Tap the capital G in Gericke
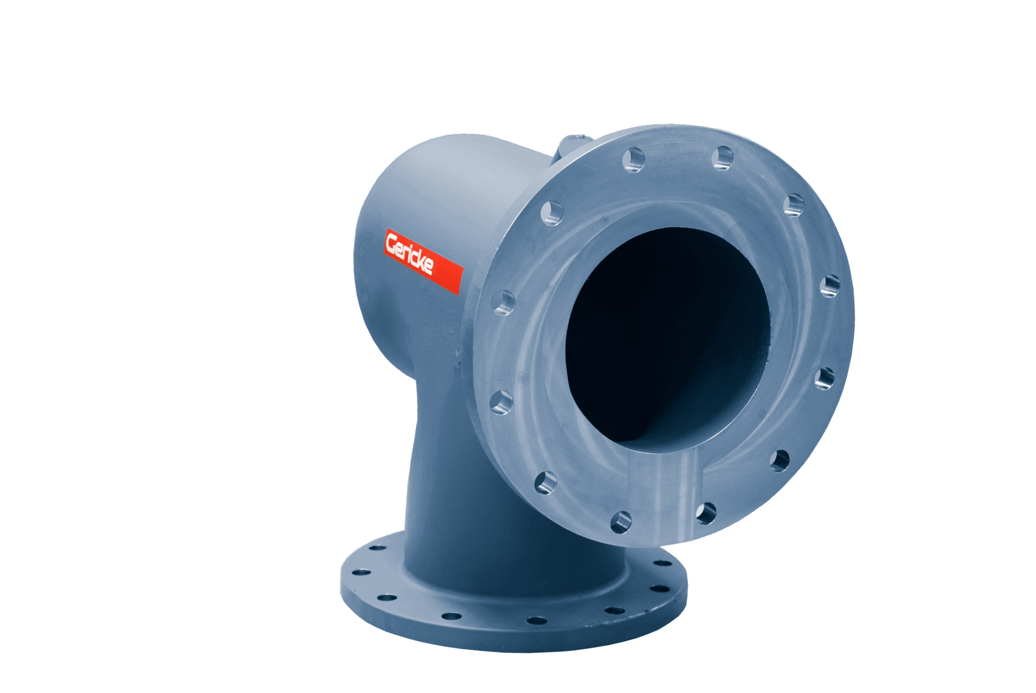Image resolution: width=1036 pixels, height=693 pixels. pos(391,244)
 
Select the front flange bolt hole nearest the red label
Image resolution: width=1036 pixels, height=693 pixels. pos(503,303)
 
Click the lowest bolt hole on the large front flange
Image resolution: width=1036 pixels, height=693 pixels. pos(621,522)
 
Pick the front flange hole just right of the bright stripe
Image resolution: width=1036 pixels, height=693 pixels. pos(706,513)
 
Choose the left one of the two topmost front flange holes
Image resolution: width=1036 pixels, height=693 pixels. pos(633,160)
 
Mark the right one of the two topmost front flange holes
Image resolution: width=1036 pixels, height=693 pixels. pos(723,157)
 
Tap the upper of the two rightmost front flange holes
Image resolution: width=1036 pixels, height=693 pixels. pos(830,285)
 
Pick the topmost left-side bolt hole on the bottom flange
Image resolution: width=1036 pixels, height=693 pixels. pos(377,548)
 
